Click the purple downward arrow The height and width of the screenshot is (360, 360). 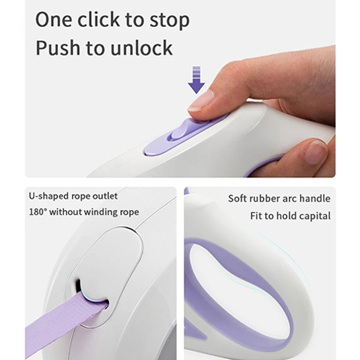pos(196,80)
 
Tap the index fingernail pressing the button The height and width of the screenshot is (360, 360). pos(201,100)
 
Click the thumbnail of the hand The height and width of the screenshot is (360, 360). pos(316,152)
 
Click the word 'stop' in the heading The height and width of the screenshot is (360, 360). pos(170,20)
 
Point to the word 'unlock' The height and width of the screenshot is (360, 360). pos(141,48)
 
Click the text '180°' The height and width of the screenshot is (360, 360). pos(38,211)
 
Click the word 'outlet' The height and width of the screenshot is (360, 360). pos(105,196)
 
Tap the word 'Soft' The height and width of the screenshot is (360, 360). pos(238,199)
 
